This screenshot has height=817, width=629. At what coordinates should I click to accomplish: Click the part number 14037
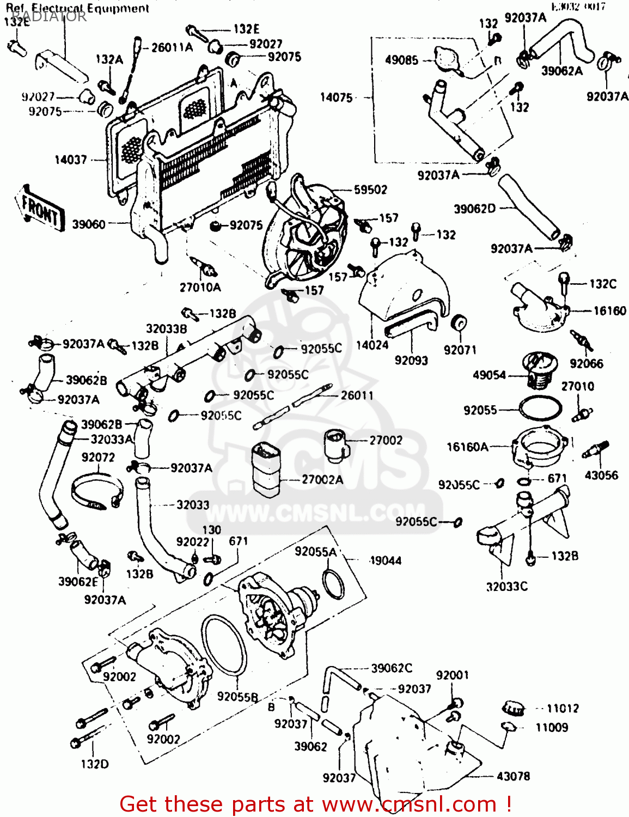point(71,160)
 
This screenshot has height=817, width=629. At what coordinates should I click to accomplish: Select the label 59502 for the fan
point(370,190)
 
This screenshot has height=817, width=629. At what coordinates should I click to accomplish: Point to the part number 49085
point(401,60)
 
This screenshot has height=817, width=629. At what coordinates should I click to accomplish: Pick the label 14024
point(372,345)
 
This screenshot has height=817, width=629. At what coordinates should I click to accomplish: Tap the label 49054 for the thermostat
point(489,375)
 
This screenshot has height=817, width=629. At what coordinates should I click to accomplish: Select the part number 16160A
point(467,447)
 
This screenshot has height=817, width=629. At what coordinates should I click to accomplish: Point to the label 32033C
point(506,586)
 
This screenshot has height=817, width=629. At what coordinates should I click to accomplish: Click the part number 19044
point(386,560)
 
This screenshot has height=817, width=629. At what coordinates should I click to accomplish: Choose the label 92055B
point(237,696)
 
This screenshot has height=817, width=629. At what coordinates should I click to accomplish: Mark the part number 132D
point(95,764)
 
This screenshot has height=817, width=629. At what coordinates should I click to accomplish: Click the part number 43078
point(513,776)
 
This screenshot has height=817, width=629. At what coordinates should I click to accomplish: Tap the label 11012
point(563,708)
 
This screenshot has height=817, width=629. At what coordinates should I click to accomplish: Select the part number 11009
point(552,727)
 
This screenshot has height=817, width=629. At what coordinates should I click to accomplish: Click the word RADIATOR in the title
point(49,16)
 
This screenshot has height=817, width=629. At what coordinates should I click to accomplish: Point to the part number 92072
point(98,457)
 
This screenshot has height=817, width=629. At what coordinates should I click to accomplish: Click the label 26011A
point(172,47)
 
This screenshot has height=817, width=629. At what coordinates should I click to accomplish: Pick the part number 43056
point(601,475)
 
